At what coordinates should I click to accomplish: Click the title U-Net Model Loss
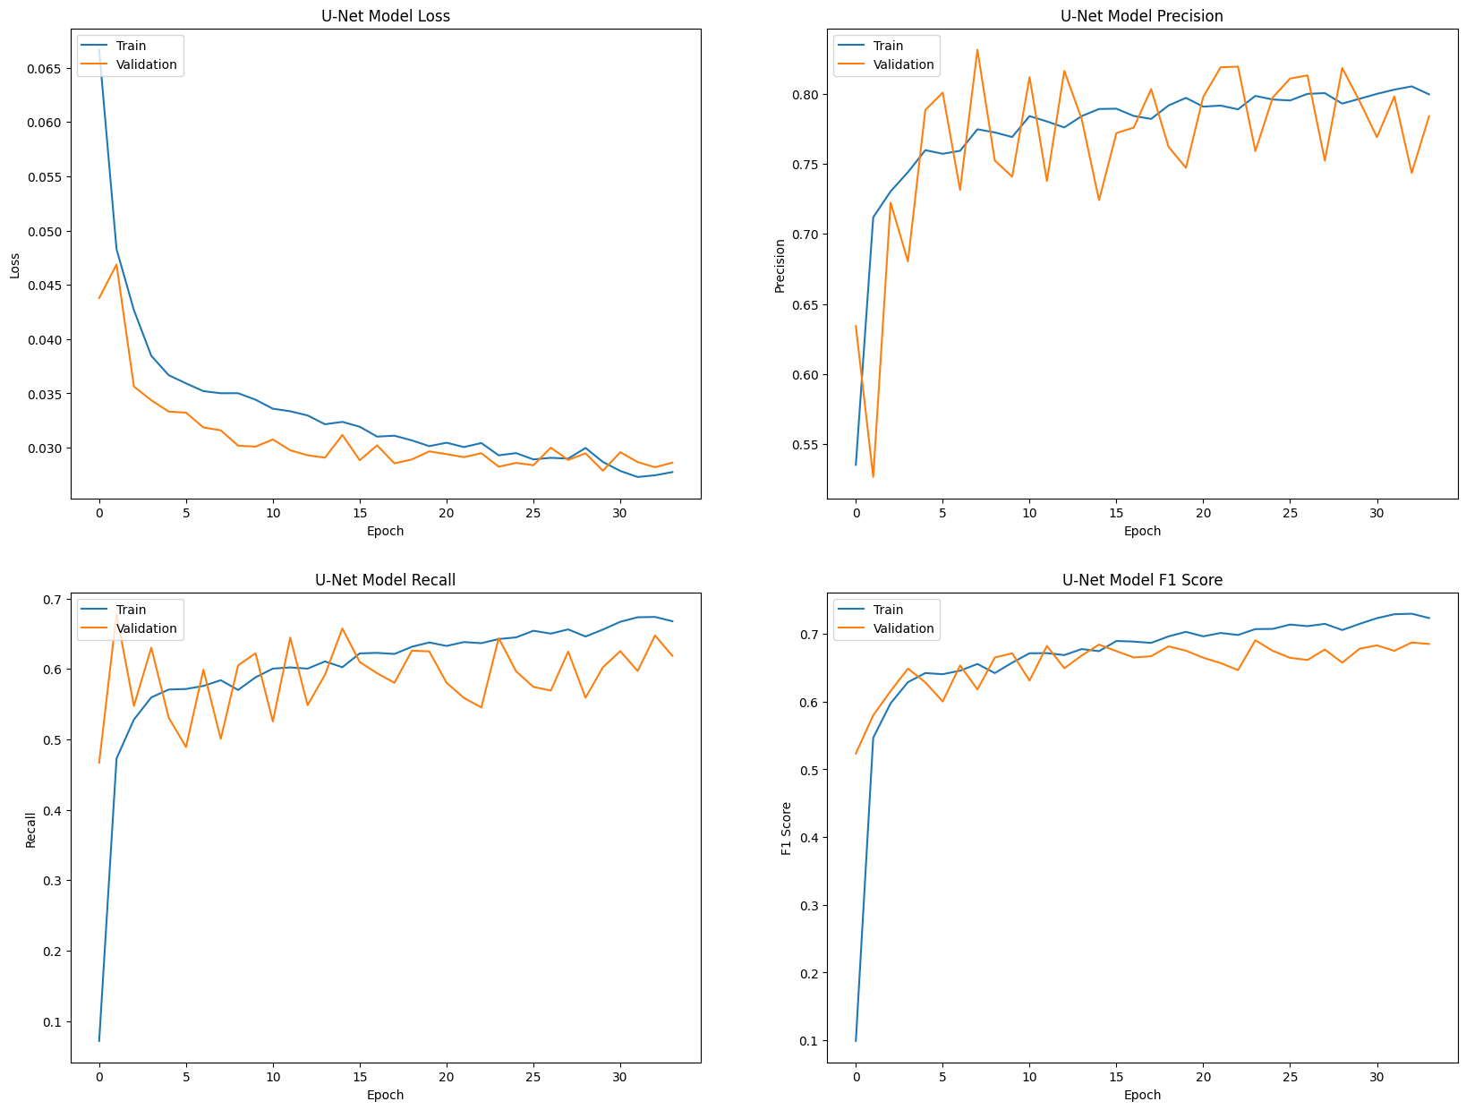click(x=385, y=16)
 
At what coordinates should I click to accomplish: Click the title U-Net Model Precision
click(x=1141, y=16)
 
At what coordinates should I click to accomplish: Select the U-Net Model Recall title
click(x=385, y=580)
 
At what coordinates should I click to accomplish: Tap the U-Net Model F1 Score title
click(x=1141, y=580)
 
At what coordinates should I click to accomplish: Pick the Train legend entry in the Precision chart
click(x=888, y=46)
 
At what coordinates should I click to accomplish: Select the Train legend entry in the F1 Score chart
click(x=888, y=610)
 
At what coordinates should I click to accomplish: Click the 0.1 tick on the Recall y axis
click(x=51, y=1022)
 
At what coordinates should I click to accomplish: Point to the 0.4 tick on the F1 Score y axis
click(x=808, y=838)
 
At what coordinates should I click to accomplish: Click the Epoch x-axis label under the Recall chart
click(x=385, y=1095)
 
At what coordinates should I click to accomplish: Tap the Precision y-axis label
click(x=780, y=266)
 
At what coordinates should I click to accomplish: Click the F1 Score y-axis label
click(x=787, y=828)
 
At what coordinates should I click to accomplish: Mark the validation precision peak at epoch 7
click(x=977, y=50)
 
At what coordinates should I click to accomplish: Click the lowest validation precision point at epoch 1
click(x=873, y=476)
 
